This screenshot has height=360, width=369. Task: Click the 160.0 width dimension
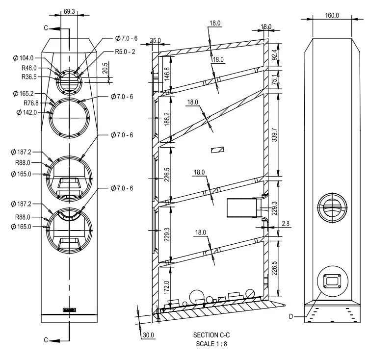click(x=332, y=16)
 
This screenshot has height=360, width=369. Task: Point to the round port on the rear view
click(x=332, y=204)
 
